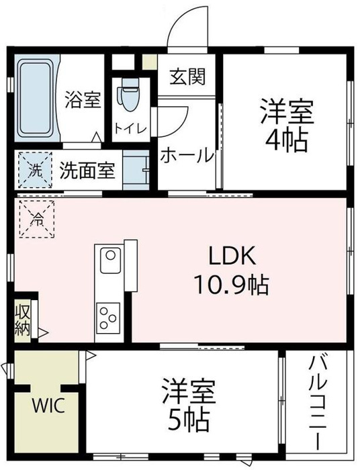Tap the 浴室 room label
[83, 101]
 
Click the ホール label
[186, 155]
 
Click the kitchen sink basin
[109, 258]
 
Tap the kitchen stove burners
[108, 315]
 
